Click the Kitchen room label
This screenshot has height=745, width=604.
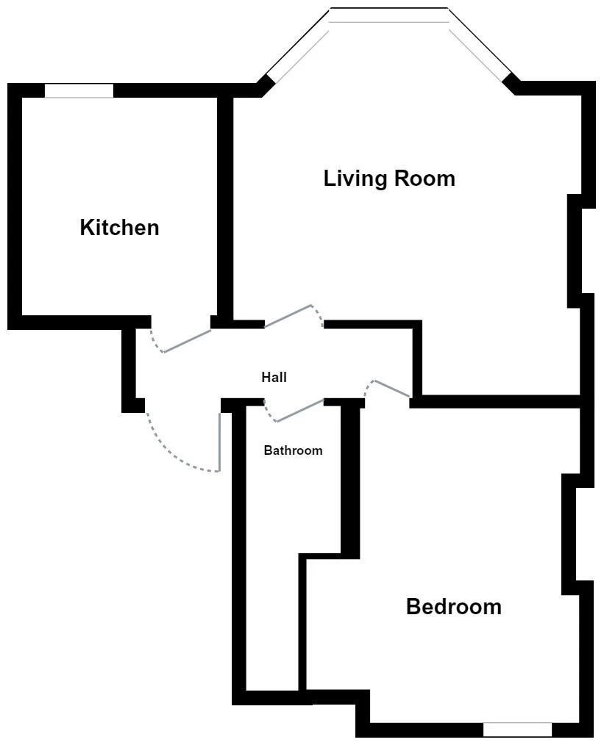pos(119,228)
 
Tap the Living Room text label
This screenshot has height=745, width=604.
pos(389,179)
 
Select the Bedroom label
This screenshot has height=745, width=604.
pos(454,607)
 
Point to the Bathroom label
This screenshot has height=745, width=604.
pos(293,450)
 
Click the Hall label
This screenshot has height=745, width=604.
pos(274,377)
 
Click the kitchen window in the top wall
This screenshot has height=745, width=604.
pos(79,91)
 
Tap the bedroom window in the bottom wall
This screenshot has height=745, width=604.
pos(517,730)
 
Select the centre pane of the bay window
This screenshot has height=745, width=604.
pos(389,15)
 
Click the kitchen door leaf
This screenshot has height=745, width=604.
pos(187,341)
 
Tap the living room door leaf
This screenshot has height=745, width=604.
pos(288,316)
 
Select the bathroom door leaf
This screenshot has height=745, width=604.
pos(301,411)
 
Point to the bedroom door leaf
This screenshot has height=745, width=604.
pos(392,388)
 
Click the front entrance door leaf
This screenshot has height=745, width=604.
pos(220,442)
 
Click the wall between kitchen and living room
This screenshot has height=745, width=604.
pos(225,209)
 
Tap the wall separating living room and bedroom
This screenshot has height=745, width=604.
pos(494,401)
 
